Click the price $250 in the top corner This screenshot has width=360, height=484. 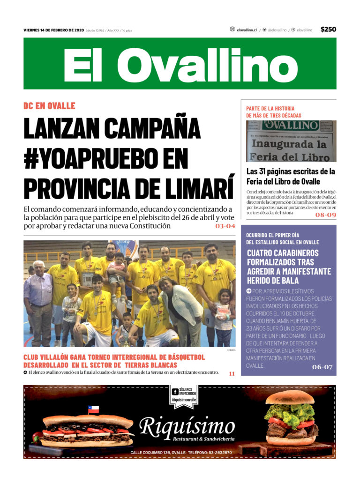[x=328, y=30]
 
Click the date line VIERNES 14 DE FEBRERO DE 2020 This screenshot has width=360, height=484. [x=53, y=30]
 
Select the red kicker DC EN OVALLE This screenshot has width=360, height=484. [x=49, y=105]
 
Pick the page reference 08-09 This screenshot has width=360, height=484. [x=325, y=215]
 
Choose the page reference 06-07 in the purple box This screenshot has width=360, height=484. [x=322, y=367]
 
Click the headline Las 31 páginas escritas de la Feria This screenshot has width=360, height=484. [x=291, y=176]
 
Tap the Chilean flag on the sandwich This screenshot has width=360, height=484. [x=94, y=410]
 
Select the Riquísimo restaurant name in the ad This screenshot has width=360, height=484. [x=187, y=427]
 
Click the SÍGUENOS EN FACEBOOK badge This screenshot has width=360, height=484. [x=184, y=395]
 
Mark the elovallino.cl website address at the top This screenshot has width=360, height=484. [x=247, y=30]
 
